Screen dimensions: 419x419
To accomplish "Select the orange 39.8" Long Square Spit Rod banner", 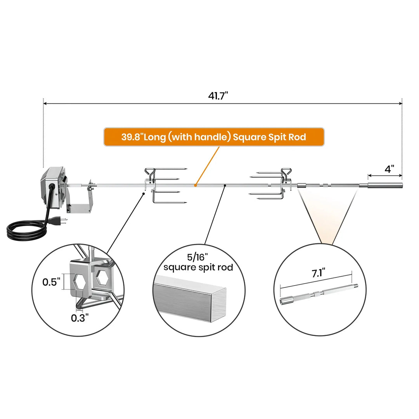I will click(x=213, y=137).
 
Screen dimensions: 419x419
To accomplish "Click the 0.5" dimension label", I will click(x=51, y=282).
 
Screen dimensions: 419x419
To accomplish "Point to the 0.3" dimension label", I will click(x=80, y=318).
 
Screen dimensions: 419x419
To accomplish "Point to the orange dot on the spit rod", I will click(x=196, y=185).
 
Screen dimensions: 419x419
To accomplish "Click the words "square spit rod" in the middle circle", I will click(x=198, y=267).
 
